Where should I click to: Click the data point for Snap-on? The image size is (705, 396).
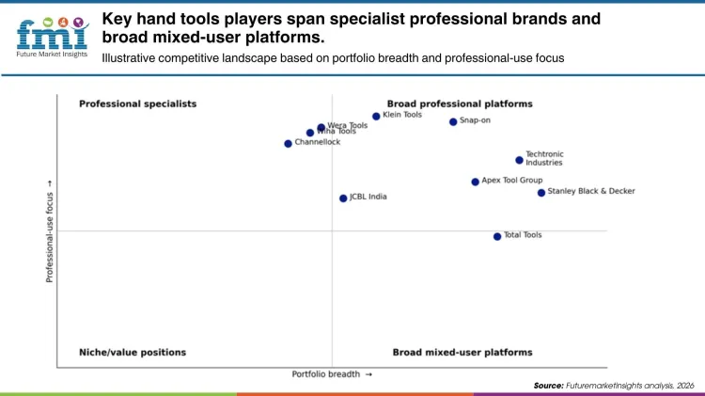pos(453,121)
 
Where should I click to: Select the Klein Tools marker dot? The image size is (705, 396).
pos(376,117)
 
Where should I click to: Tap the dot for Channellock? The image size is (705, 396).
pos(288,144)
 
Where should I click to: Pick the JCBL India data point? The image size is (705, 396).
pos(343,198)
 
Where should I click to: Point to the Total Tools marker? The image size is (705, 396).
pos(497,236)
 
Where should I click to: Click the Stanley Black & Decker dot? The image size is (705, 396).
pos(541,193)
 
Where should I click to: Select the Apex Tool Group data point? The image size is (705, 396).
pos(475,182)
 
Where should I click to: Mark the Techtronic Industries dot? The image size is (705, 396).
pos(519,160)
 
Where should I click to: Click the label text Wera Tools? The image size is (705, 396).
pos(347,125)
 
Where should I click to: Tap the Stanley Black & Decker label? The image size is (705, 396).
pos(591,191)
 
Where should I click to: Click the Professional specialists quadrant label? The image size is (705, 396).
pos(137,103)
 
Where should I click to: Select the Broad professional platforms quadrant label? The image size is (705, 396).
pos(460,103)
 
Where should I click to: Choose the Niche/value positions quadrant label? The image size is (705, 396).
pos(133,352)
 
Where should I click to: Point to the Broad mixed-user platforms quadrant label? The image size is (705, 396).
pos(462,352)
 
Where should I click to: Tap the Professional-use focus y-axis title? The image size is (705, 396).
pos(50,231)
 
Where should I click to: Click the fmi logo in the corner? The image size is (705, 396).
pos(52,34)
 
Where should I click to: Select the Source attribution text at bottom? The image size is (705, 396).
pos(614,386)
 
